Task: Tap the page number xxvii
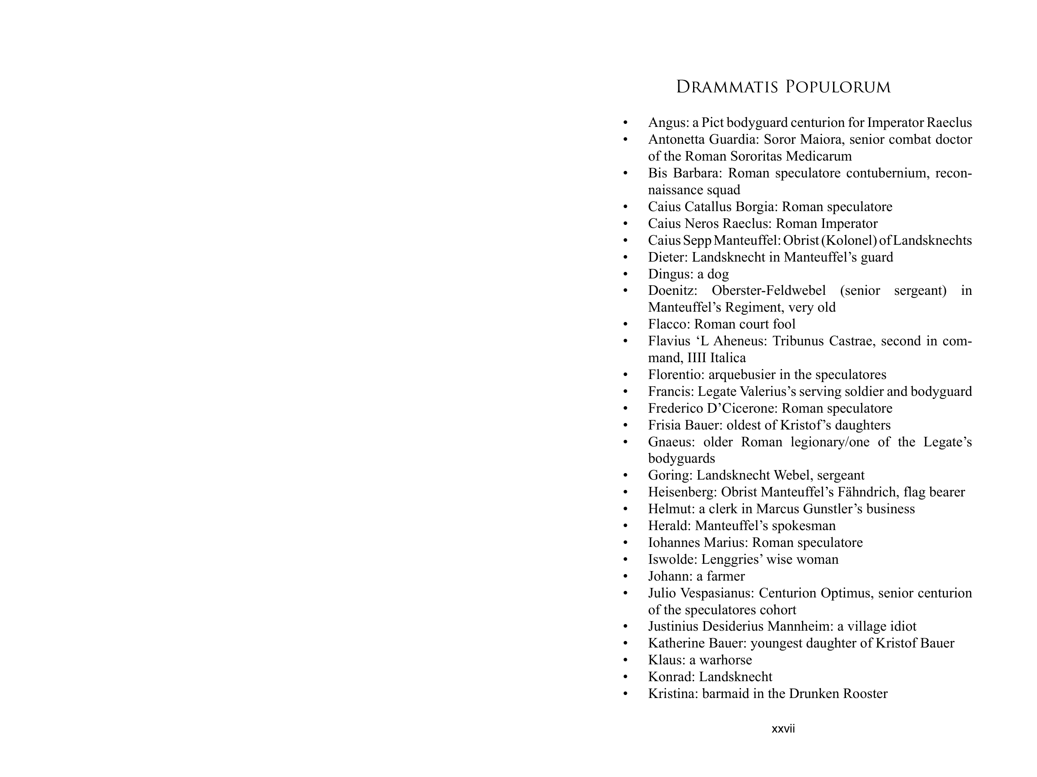point(783,729)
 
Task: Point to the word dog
point(718,274)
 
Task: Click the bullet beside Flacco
point(625,325)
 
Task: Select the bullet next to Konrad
point(625,677)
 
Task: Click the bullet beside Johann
point(625,577)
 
